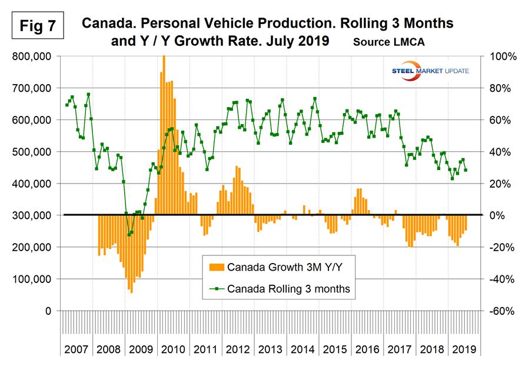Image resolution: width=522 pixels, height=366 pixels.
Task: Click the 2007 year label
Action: [x=76, y=348]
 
